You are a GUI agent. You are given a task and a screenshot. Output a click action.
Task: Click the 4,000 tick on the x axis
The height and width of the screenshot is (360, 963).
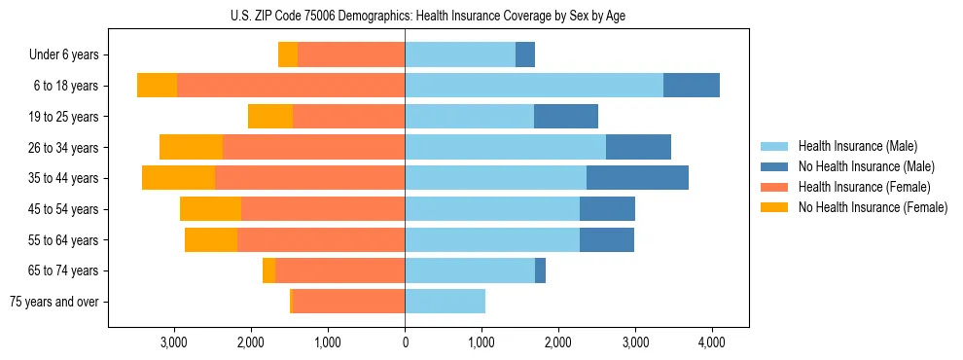click(711, 342)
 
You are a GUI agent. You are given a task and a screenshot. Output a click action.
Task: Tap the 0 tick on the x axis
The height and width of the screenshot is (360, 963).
click(405, 342)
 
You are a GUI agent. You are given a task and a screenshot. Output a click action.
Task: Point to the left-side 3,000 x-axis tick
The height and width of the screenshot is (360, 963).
click(174, 342)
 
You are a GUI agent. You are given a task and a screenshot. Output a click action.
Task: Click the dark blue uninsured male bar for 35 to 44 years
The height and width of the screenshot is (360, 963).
click(637, 178)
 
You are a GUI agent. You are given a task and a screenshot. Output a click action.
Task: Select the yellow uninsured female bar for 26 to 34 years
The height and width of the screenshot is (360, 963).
click(191, 147)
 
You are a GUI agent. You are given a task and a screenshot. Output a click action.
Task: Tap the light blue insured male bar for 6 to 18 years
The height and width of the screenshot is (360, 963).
click(534, 86)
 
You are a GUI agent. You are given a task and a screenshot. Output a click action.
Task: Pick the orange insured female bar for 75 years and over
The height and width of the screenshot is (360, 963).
click(348, 302)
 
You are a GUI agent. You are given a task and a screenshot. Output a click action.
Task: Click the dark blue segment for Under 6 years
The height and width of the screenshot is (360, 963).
click(525, 54)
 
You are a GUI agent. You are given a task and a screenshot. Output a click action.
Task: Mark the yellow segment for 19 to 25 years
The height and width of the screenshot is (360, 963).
click(270, 117)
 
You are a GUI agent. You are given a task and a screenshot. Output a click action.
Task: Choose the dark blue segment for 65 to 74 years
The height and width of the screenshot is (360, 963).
click(540, 270)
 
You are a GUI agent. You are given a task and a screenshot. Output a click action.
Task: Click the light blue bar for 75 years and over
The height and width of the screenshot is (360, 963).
click(445, 302)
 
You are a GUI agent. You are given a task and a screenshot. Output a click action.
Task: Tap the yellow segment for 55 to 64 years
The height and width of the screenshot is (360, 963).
click(211, 239)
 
